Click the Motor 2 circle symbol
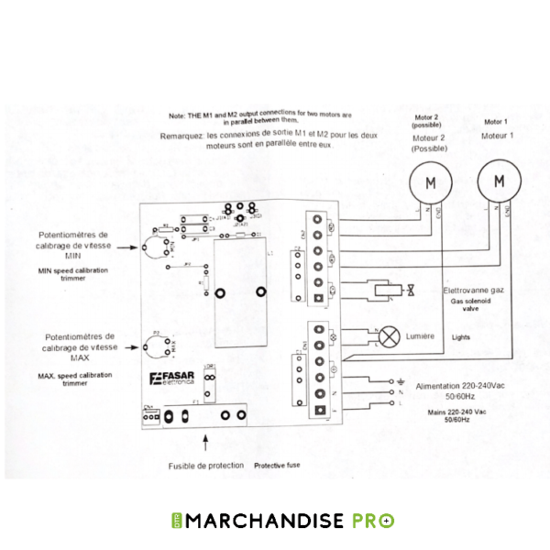[x=427, y=181]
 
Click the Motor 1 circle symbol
[x=499, y=181]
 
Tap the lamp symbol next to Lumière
[x=390, y=336]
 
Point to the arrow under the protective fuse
[x=204, y=444]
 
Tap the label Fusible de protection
[x=206, y=466]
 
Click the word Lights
[x=461, y=336]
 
